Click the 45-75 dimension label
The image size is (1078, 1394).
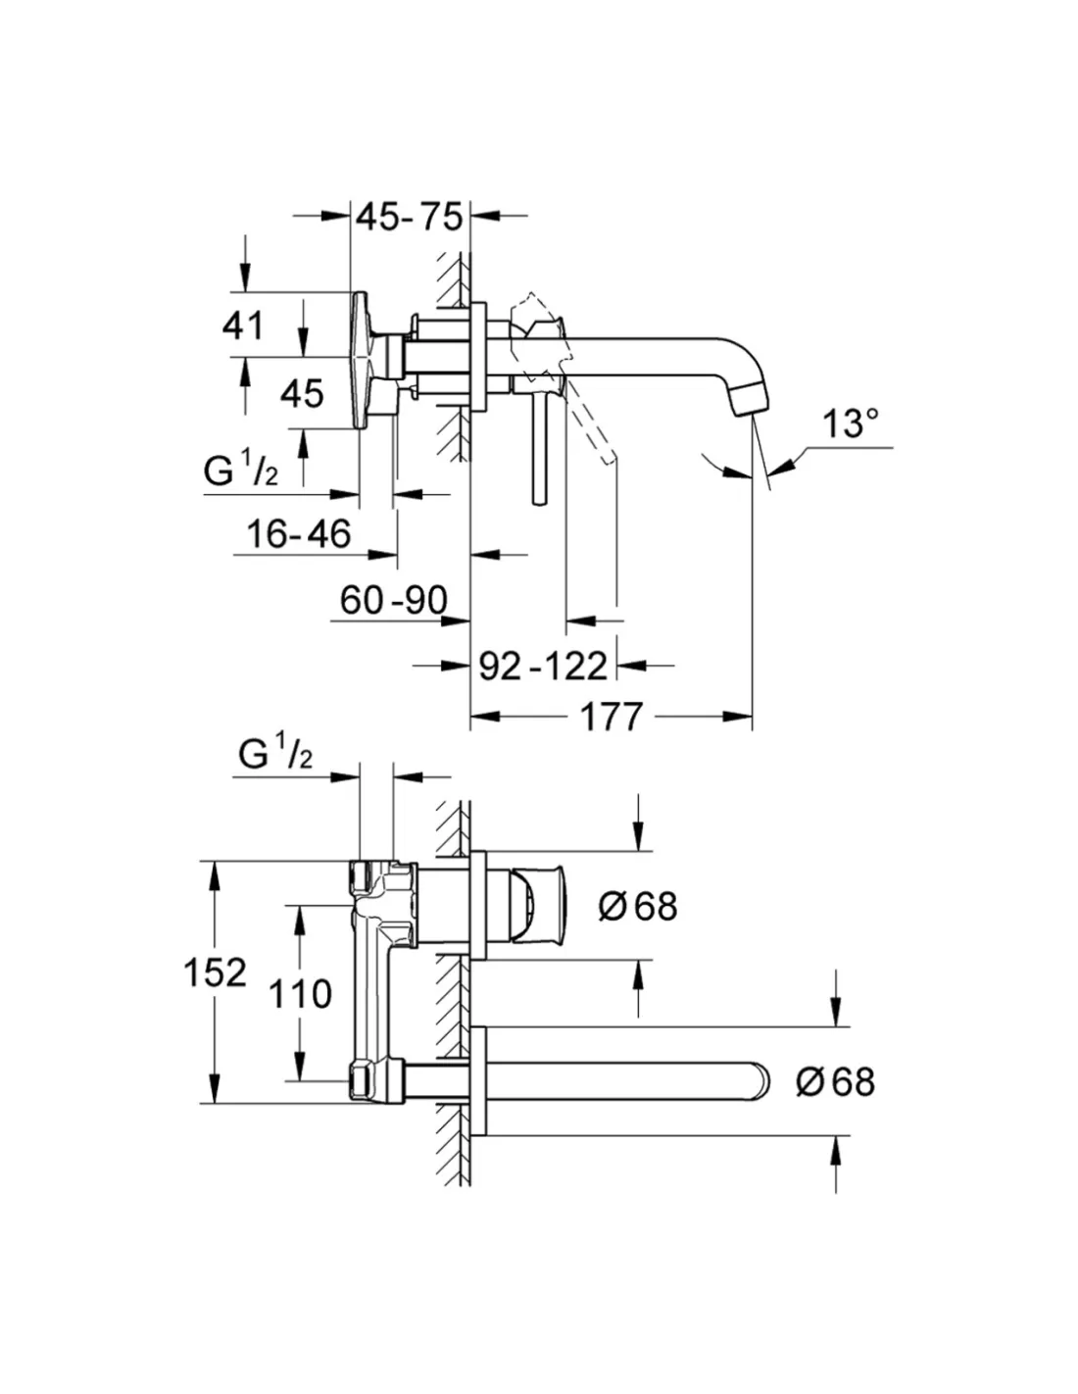tap(409, 217)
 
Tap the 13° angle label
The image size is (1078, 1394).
tap(850, 424)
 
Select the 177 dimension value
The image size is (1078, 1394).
tap(611, 717)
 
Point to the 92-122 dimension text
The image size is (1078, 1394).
tap(543, 666)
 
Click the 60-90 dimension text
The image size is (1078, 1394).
tap(393, 600)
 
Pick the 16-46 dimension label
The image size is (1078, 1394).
tap(298, 533)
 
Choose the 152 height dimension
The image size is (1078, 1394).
tap(215, 972)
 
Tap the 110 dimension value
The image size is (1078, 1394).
tap(300, 994)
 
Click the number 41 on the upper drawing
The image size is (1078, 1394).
tap(243, 324)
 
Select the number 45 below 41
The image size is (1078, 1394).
tap(301, 394)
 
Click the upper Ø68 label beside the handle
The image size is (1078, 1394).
tap(638, 906)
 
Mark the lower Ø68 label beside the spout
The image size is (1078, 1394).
tap(835, 1081)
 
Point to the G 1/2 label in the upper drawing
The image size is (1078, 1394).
tap(240, 472)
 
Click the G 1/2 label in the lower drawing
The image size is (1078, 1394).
tap(275, 754)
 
